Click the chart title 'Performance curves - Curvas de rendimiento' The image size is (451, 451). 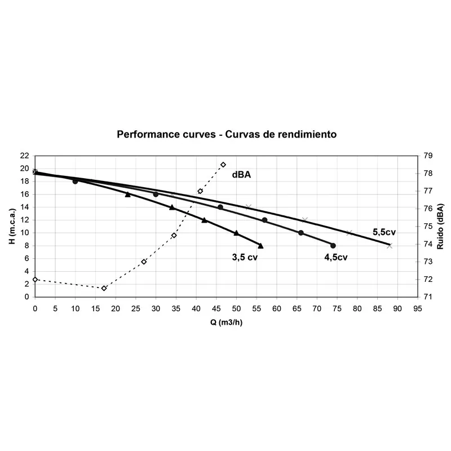pos(227,135)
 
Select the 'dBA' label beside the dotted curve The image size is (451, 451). pos(241,175)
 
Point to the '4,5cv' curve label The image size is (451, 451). pos(335,258)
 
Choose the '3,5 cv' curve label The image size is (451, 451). pos(245,258)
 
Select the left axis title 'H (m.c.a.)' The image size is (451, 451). pos(12,225)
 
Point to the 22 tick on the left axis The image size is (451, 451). pos(25,156)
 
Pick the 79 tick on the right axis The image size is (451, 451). pos(428,156)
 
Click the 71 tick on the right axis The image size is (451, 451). pos(428,297)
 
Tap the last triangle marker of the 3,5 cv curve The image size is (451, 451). pos(260,246)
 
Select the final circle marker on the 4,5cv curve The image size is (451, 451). pos(333,246)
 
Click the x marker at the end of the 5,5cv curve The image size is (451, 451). pos(390,246)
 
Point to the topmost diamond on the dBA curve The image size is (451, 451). pos(223,165)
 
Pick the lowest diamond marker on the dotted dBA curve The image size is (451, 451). pos(104,288)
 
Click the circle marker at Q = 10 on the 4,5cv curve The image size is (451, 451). pos(75,182)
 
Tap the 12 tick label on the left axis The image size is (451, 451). pos(25,233)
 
